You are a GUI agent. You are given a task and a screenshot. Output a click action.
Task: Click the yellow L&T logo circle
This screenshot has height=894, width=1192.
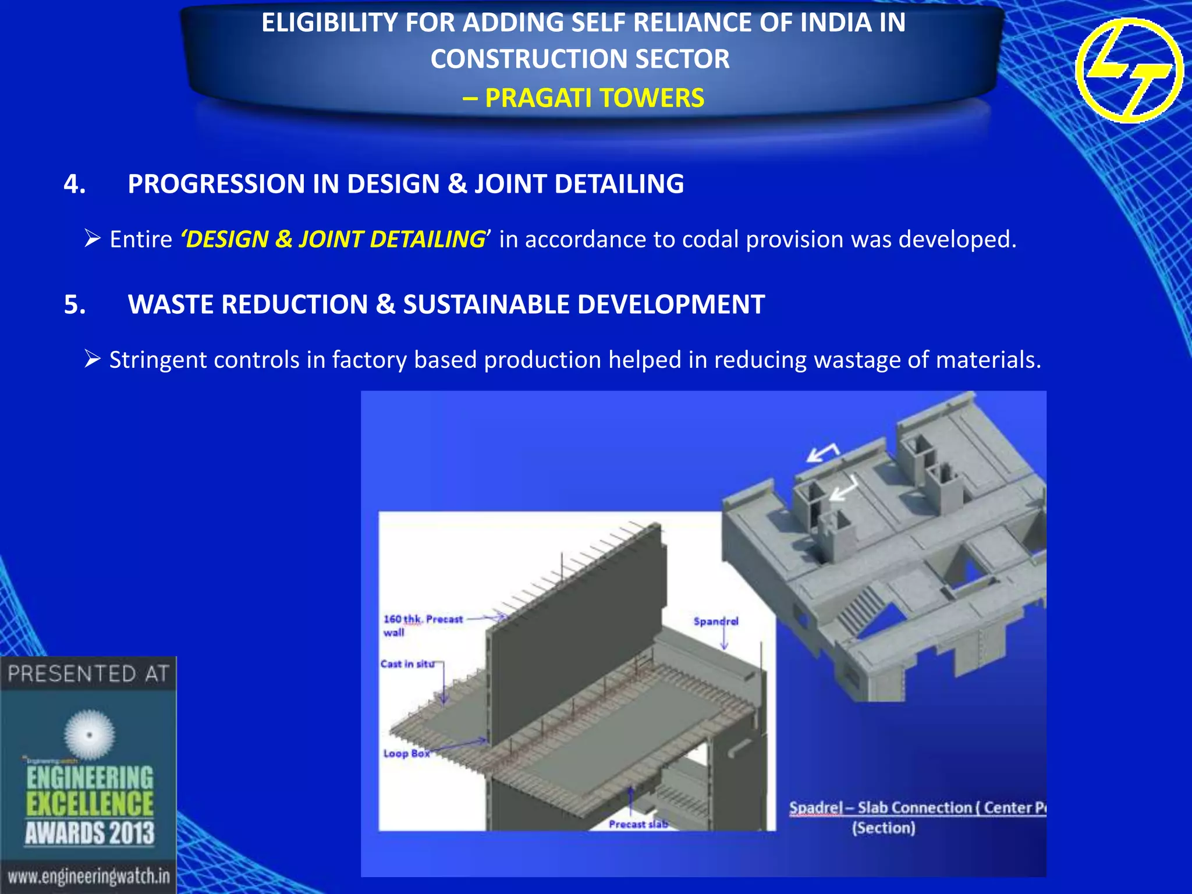1129,70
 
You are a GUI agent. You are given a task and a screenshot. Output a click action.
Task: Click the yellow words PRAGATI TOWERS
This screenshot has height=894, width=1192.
594,98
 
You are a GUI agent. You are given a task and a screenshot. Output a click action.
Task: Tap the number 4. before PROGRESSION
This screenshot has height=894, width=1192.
75,184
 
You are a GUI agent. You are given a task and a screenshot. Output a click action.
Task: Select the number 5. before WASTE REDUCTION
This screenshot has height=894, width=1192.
75,304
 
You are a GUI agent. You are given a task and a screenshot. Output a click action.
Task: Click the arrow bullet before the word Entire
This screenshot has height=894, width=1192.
93,239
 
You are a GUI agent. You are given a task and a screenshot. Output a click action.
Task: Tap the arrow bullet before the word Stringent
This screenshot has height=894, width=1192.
93,359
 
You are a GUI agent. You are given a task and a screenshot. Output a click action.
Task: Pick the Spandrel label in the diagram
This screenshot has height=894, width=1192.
715,621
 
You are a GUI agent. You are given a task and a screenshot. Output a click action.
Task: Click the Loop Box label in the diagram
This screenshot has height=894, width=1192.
406,753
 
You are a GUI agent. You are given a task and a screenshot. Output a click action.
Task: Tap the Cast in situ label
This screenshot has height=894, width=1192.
407,664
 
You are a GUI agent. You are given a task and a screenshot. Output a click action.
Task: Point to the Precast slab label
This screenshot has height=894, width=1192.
638,824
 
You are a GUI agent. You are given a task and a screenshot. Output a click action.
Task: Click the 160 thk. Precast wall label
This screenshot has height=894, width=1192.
422,625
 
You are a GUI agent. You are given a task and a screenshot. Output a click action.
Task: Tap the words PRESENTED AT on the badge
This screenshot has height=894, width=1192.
88,674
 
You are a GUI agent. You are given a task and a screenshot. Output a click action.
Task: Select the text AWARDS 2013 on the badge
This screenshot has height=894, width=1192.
90,833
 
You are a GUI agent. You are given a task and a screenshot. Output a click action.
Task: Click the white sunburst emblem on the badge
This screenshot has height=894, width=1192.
90,735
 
